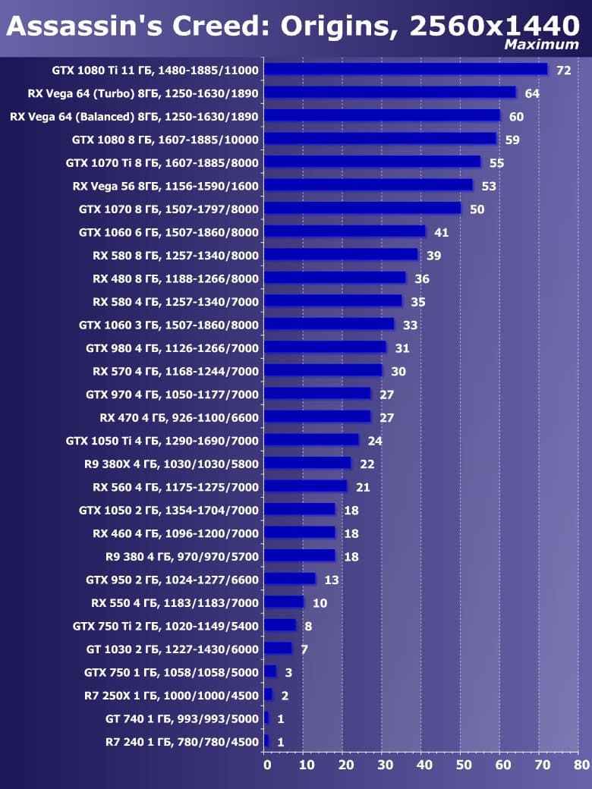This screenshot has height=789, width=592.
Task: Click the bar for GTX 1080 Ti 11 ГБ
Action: click(406, 70)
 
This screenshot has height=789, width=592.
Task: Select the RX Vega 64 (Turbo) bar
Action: click(390, 93)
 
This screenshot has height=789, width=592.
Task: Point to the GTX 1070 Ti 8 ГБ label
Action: click(162, 162)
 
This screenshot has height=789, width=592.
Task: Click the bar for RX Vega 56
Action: click(369, 186)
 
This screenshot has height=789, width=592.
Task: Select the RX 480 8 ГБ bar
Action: click(335, 278)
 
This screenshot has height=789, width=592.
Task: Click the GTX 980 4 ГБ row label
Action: click(172, 348)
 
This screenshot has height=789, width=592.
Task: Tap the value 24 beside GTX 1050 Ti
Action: click(375, 441)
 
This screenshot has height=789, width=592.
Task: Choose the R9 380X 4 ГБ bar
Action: click(308, 464)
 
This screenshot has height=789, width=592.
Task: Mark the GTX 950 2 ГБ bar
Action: click(290, 580)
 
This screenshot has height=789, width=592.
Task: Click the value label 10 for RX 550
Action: click(320, 603)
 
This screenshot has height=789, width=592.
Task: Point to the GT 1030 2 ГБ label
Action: click(172, 649)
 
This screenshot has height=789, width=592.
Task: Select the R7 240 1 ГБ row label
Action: click(182, 742)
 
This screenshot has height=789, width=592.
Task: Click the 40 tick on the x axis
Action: click(422, 765)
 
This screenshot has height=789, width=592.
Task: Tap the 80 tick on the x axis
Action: click(581, 765)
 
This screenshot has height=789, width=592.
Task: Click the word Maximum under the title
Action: click(541, 46)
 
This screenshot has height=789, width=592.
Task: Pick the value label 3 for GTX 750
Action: click(288, 672)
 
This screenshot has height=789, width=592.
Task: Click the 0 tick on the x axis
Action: click(266, 765)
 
